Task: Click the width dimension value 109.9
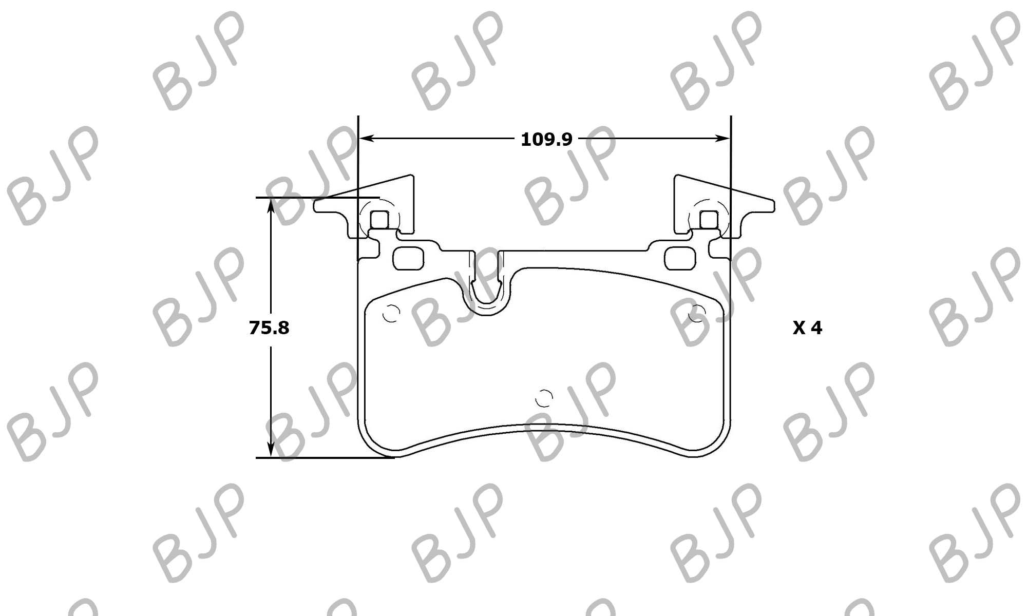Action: [x=546, y=139]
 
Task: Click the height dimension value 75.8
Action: [x=269, y=328]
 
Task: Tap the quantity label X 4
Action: [x=807, y=328]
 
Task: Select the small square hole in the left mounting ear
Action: [x=379, y=220]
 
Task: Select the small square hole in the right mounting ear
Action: [x=709, y=220]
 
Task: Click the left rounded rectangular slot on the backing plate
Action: [x=409, y=258]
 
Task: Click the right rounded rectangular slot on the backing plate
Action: [x=680, y=258]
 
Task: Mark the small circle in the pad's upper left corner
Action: [x=391, y=313]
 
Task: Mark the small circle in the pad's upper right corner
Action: [x=697, y=313]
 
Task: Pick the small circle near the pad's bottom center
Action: [x=544, y=398]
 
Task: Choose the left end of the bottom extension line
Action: [x=256, y=457]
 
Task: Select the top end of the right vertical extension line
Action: [x=730, y=117]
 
